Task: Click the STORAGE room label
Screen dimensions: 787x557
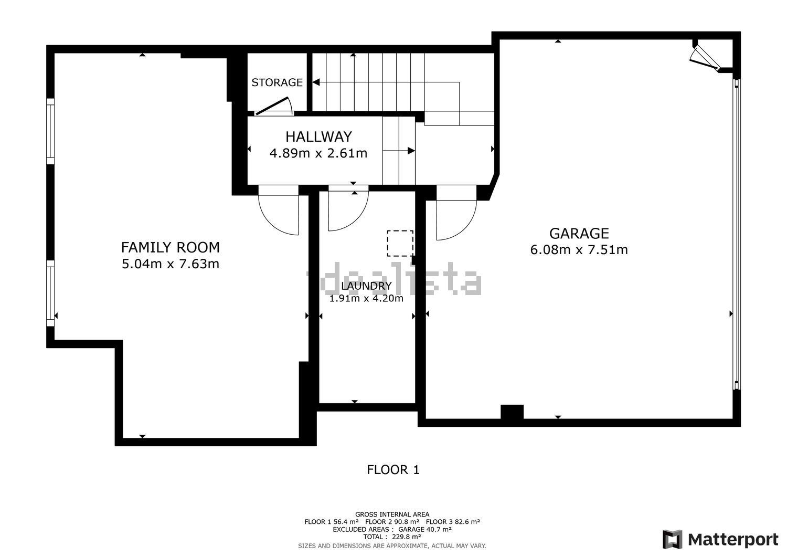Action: click(277, 82)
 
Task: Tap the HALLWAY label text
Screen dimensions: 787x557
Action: click(318, 136)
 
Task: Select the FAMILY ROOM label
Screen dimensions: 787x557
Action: click(171, 247)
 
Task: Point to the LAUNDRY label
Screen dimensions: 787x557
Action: click(366, 286)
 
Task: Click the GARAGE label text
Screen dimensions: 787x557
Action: click(579, 234)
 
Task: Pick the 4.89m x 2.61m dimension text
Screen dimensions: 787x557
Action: click(318, 153)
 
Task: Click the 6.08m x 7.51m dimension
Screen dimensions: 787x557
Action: click(579, 250)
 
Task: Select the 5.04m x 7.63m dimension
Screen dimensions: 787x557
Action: click(171, 264)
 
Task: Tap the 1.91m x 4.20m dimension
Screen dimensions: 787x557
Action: click(366, 299)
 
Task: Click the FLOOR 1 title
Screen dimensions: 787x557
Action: click(393, 470)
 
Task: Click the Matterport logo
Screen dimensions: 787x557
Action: click(720, 539)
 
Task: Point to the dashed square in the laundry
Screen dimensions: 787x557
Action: click(400, 244)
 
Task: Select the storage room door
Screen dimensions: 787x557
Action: click(273, 106)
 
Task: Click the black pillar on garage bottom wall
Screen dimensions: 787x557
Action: click(512, 412)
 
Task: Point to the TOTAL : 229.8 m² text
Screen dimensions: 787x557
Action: click(392, 537)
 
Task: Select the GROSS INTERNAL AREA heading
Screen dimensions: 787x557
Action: click(392, 514)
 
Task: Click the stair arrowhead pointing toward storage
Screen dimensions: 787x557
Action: click(316, 82)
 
